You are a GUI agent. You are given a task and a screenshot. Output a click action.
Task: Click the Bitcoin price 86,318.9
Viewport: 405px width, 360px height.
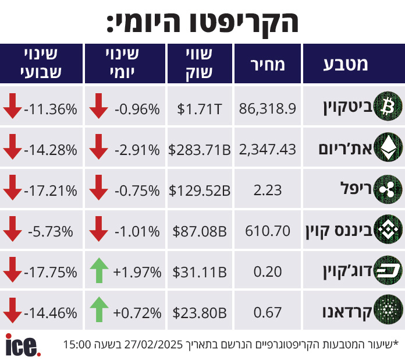pyautogui.click(x=268, y=108)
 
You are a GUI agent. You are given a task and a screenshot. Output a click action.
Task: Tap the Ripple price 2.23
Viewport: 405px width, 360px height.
pyautogui.click(x=268, y=190)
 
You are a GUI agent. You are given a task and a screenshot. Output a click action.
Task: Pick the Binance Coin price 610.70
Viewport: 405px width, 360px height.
pyautogui.click(x=268, y=231)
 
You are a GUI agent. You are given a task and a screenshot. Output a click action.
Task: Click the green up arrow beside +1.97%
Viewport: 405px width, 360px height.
pyautogui.click(x=100, y=272)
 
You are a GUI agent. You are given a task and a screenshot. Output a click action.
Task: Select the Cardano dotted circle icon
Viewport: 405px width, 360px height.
pyautogui.click(x=387, y=312)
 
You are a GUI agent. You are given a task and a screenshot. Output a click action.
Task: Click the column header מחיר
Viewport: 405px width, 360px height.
pyautogui.click(x=268, y=64)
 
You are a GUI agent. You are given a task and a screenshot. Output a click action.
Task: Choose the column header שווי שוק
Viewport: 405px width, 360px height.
pyautogui.click(x=200, y=64)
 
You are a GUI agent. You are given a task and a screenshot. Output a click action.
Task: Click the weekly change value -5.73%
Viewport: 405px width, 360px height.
pyautogui.click(x=51, y=231)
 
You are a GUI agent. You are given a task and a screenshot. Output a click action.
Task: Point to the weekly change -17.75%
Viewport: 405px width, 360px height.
pyautogui.click(x=51, y=272)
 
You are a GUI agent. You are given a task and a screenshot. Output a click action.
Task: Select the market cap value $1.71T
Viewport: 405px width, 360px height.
pyautogui.click(x=200, y=108)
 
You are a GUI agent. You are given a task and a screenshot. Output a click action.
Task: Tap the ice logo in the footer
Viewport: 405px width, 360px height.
pyautogui.click(x=23, y=345)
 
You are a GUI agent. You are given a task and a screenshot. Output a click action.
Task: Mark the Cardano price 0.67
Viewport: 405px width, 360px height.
pyautogui.click(x=268, y=312)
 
